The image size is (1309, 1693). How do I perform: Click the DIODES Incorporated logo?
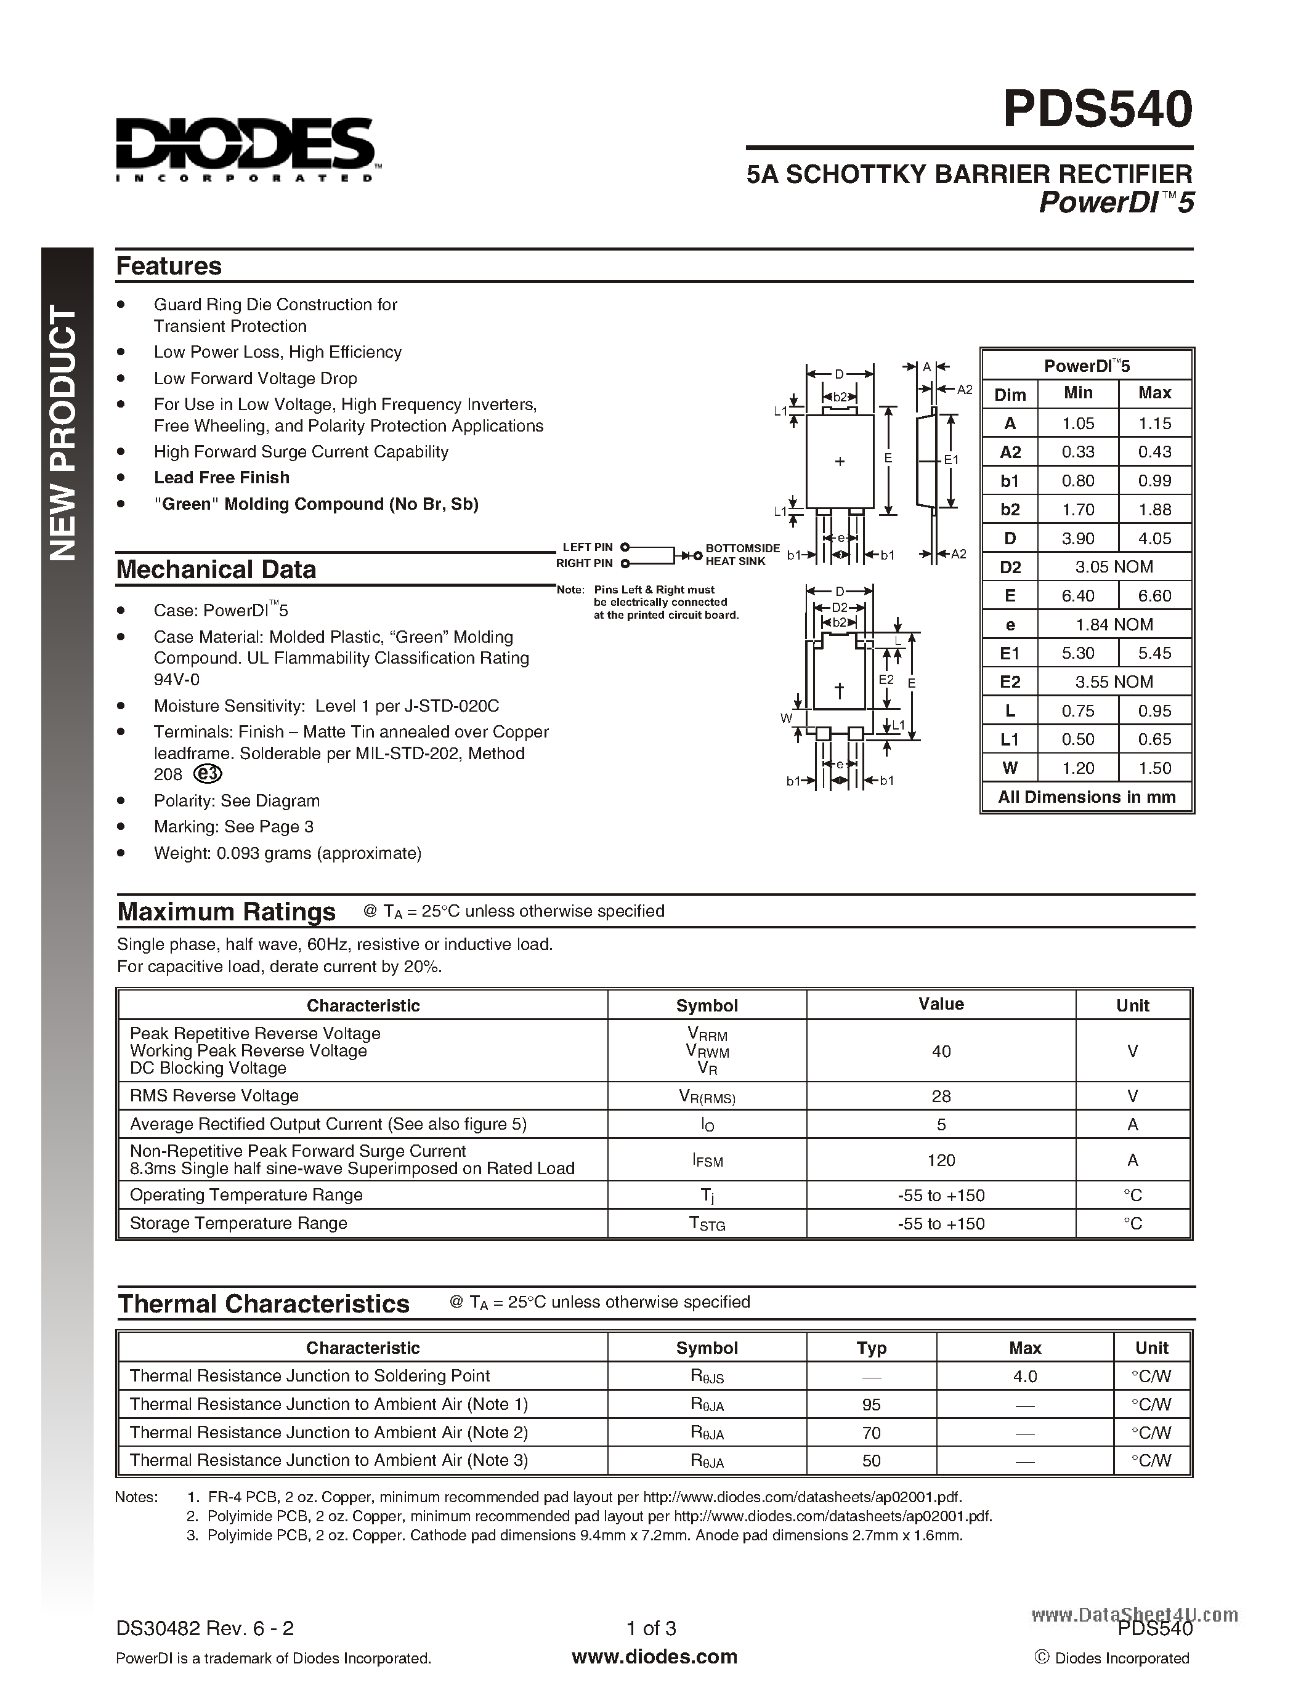click(x=246, y=149)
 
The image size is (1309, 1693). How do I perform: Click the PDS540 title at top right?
click(x=1096, y=110)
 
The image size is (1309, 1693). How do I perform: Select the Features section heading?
click(x=168, y=266)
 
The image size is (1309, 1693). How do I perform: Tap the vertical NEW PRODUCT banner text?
click(x=64, y=434)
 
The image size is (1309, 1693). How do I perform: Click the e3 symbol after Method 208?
click(x=207, y=774)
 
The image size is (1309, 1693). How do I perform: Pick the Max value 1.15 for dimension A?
click(x=1154, y=424)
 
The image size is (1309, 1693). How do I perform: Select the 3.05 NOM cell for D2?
click(x=1114, y=566)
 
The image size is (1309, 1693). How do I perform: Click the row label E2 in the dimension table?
click(x=1010, y=682)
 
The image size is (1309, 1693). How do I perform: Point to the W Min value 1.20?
click(x=1078, y=768)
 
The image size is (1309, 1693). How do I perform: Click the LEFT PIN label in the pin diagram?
click(x=587, y=547)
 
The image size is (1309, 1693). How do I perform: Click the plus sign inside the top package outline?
click(x=839, y=462)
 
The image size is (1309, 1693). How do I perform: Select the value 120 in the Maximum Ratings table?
click(x=941, y=1160)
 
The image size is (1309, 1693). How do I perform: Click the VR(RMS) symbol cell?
click(x=707, y=1096)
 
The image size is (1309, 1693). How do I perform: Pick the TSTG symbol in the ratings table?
click(x=707, y=1224)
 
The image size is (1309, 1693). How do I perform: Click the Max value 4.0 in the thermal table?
click(x=1024, y=1376)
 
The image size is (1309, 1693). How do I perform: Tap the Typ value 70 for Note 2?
click(x=871, y=1433)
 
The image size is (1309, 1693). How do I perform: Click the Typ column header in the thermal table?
click(x=871, y=1347)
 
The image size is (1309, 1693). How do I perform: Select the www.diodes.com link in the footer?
click(x=654, y=1657)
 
